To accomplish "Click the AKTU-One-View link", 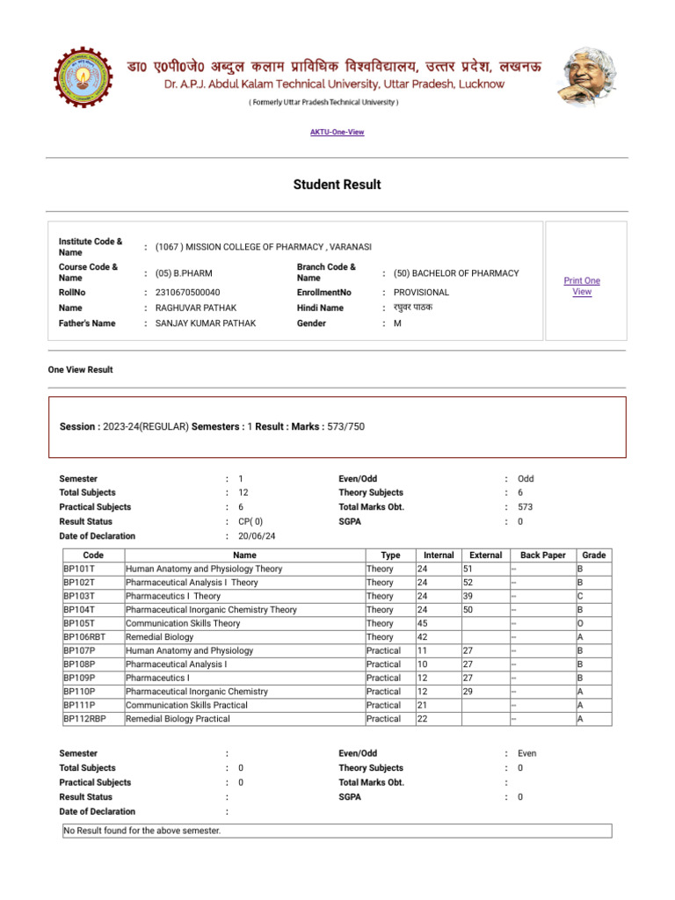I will click(x=337, y=132).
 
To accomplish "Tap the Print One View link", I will click(x=582, y=286).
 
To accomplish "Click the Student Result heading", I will click(x=337, y=185).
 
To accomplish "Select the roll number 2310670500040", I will click(x=187, y=292).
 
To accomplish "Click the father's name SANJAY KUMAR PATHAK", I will click(x=206, y=323).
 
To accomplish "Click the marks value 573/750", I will click(x=345, y=426).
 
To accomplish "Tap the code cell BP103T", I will click(x=79, y=596).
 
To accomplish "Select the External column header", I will click(x=486, y=555).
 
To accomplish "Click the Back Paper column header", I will click(x=542, y=555).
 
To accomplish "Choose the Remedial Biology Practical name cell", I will click(x=178, y=719).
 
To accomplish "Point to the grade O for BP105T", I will click(x=580, y=624).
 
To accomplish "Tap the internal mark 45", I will click(x=424, y=624).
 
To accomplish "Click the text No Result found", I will click(x=142, y=831).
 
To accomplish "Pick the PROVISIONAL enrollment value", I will click(x=421, y=292).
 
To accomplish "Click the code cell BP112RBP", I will click(x=85, y=719).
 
